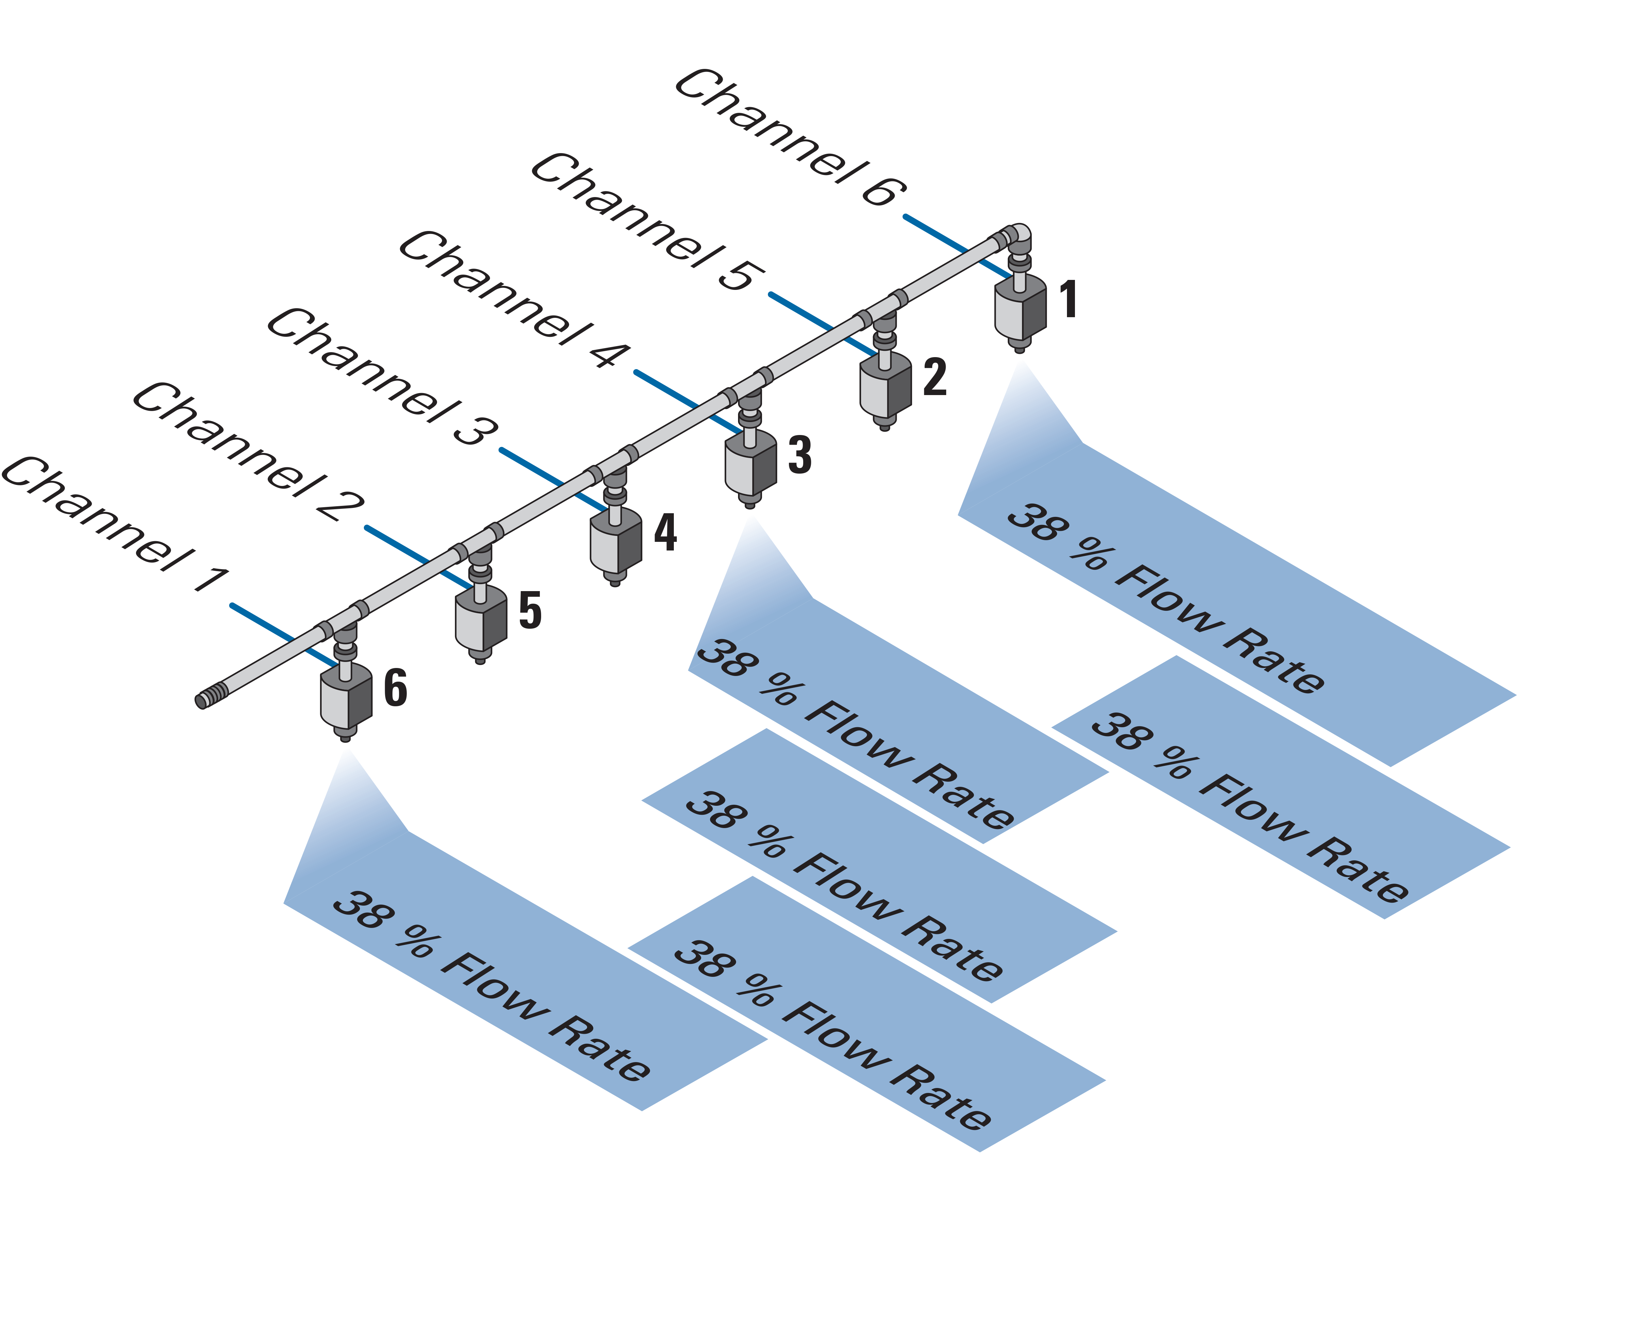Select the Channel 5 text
click(647, 222)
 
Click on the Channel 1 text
click(115, 525)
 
